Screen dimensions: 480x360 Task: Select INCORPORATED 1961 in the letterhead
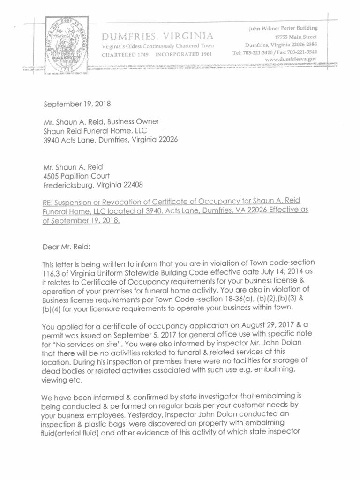point(184,54)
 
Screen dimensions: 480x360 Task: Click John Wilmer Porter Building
point(283,29)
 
